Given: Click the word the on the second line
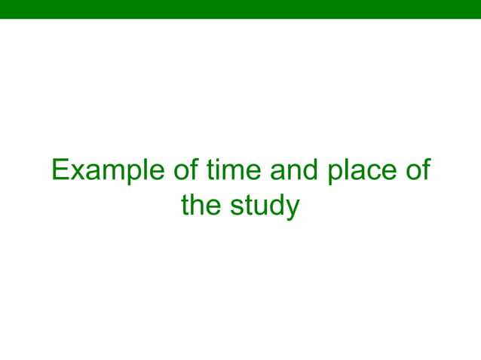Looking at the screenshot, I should (x=201, y=206).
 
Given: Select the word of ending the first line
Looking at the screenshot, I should (x=417, y=170).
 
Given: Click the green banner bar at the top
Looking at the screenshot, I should (x=240, y=9).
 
